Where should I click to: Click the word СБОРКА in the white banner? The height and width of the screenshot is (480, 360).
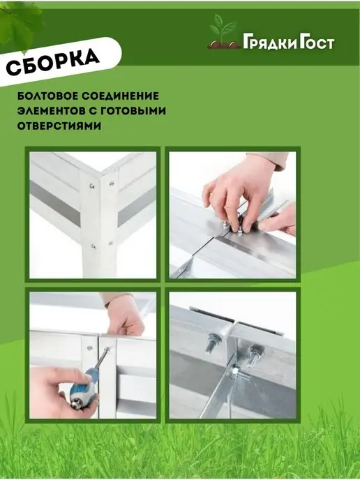click(52, 61)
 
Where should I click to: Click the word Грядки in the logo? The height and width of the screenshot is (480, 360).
click(270, 43)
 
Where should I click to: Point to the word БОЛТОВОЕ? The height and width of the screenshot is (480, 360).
click(47, 96)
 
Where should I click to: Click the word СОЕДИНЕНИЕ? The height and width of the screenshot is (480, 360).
click(120, 96)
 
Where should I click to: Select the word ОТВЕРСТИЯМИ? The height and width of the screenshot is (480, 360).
click(59, 126)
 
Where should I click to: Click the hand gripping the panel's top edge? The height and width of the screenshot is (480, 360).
click(125, 316)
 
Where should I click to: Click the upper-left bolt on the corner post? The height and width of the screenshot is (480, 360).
click(91, 186)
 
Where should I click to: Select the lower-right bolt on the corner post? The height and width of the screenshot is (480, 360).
click(110, 243)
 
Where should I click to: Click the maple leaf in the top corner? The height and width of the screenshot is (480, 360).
click(19, 26)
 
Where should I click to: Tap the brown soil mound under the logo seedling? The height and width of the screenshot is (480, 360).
click(224, 45)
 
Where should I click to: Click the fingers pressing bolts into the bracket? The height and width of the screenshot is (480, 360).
click(239, 211)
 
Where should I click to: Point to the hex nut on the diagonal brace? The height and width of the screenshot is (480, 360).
click(235, 372)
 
